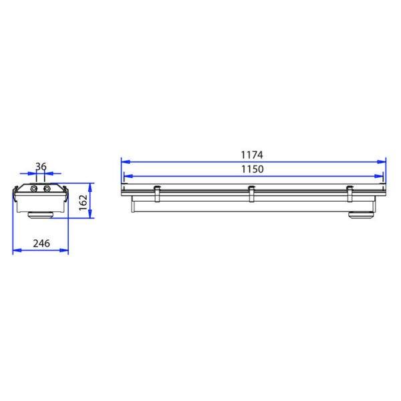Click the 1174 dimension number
tap(252, 155)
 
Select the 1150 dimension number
tap(253, 169)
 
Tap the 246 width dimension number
tap(41, 243)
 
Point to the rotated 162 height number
tap(84, 203)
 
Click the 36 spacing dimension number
tap(41, 166)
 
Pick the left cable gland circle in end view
tap(34, 189)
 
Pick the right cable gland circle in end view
tap(47, 189)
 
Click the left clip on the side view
tap(157, 194)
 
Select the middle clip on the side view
tap(252, 194)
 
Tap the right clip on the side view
tap(350, 194)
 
